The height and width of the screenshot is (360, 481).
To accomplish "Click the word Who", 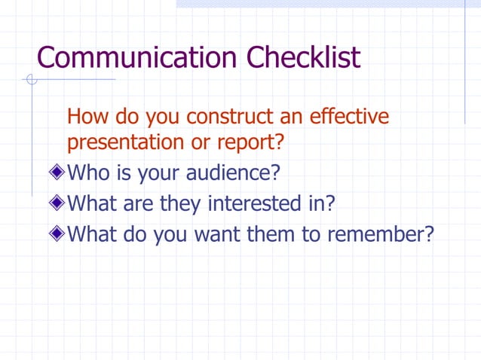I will pos(88,172).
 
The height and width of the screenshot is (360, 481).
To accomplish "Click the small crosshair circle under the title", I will pos(30,80).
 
